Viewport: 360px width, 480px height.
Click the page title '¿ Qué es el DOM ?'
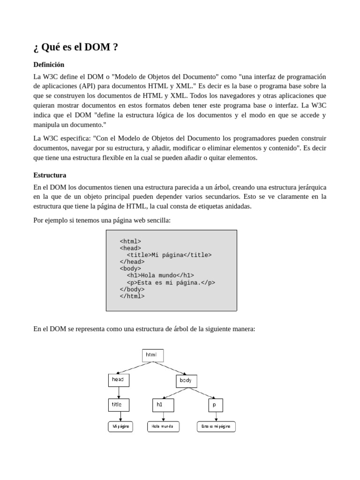pos(75,47)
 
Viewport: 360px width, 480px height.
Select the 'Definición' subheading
pos(49,64)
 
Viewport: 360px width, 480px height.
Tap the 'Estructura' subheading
pos(50,175)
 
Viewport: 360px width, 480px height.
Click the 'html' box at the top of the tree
pos(153,355)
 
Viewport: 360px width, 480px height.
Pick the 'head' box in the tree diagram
pos(119,380)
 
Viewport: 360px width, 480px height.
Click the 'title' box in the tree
pos(119,405)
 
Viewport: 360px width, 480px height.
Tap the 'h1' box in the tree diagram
pos(163,405)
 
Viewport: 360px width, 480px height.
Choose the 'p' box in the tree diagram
pos(216,405)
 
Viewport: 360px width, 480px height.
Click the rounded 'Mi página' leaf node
pos(120,427)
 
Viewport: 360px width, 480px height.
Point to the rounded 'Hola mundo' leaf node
pos(163,427)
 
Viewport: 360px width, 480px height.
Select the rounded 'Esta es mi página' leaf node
pos(216,427)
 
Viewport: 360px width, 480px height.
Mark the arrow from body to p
pos(202,393)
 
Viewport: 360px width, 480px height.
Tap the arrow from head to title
pos(119,392)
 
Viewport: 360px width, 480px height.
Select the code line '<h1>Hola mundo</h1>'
pos(160,276)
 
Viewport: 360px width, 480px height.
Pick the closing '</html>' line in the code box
pos(132,296)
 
